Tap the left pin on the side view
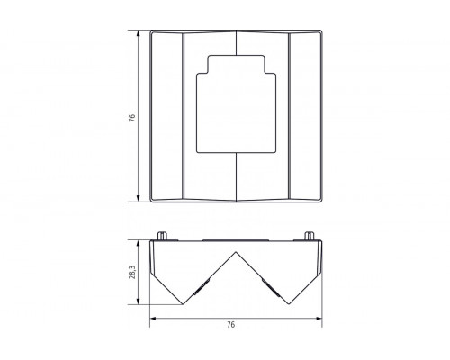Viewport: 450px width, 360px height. coord(162,236)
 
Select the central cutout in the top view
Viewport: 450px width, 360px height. coord(236,103)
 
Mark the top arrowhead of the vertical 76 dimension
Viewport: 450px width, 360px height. coord(139,33)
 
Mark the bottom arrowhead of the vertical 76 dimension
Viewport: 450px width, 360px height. coord(139,200)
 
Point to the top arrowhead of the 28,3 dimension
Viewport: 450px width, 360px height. coord(139,243)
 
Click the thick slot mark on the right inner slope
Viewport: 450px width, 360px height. coord(269,287)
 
